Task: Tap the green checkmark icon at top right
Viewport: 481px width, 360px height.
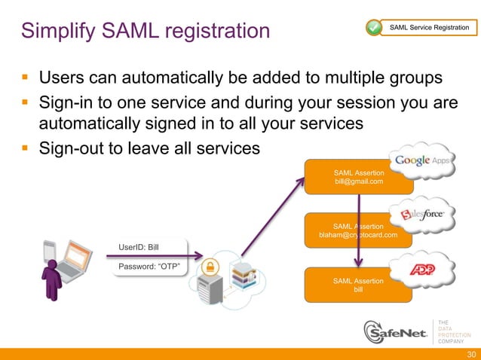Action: pyautogui.click(x=374, y=28)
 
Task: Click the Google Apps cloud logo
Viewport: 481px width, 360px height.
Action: pyautogui.click(x=421, y=160)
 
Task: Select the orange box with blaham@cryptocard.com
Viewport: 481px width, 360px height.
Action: pyautogui.click(x=358, y=230)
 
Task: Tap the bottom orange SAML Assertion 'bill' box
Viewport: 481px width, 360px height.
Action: pyautogui.click(x=358, y=285)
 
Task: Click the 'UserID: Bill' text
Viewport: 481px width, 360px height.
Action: pyautogui.click(x=139, y=246)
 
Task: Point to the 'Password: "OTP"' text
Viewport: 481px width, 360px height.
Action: pyautogui.click(x=148, y=266)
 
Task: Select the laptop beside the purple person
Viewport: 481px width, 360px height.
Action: pyautogui.click(x=75, y=260)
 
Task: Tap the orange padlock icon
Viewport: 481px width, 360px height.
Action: pyautogui.click(x=210, y=266)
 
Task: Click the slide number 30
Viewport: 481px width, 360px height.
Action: pyautogui.click(x=471, y=354)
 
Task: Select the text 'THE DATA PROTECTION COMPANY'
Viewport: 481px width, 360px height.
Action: pyautogui.click(x=455, y=330)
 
